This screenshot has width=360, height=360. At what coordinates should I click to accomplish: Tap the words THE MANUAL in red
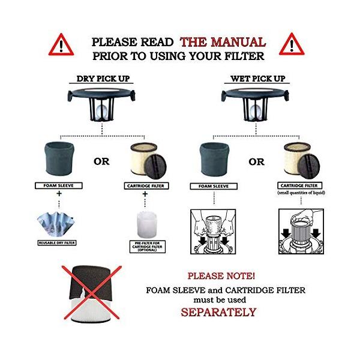[x=223, y=42]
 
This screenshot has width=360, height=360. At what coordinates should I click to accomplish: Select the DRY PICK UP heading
[x=103, y=79]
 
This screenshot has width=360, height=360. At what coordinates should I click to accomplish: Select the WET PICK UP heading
[x=258, y=79]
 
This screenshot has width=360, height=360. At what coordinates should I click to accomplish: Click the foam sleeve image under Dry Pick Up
[x=59, y=158]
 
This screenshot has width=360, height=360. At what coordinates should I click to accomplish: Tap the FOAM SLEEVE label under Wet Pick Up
[x=214, y=186]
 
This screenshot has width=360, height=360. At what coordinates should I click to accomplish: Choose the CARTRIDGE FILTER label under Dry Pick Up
[x=146, y=186]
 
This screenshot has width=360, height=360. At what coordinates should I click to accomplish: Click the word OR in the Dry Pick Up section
[x=101, y=161]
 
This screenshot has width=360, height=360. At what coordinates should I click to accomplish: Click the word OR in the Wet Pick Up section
[x=256, y=162]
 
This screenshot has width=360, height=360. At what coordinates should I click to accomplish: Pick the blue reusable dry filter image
[x=56, y=224]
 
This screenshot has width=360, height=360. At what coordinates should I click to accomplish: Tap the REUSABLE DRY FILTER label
[x=57, y=242]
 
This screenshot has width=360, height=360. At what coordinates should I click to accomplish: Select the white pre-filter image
[x=147, y=225]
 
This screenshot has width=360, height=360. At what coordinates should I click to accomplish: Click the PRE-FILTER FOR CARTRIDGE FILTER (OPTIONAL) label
[x=147, y=247]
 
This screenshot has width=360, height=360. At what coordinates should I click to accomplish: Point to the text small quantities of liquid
[x=301, y=193]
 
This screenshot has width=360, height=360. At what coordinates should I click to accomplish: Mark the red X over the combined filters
[x=92, y=293]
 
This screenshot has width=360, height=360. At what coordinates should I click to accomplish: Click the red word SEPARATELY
[x=218, y=312]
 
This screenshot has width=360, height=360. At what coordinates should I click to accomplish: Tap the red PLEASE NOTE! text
[x=221, y=276]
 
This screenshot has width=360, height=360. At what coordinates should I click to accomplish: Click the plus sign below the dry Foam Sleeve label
[x=59, y=194]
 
